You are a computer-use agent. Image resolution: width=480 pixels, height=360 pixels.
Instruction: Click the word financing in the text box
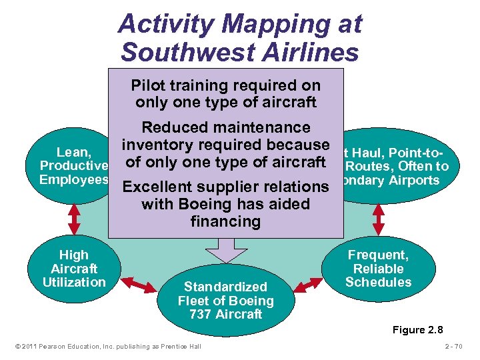(225, 221)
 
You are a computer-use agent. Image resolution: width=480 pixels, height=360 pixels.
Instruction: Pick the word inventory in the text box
(158, 145)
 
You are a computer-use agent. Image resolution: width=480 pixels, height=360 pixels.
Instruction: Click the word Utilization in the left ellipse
(73, 282)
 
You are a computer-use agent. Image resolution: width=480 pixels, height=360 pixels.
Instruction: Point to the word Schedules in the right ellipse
(378, 282)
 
